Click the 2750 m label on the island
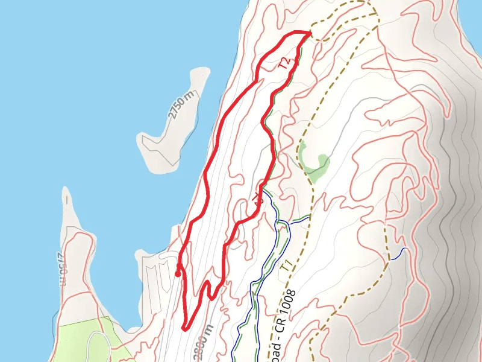183,106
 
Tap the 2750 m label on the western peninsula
60,268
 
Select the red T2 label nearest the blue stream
258,199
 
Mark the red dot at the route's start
177,274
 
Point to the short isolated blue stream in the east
398,254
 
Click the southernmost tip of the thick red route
183,328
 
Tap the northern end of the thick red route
310,33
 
